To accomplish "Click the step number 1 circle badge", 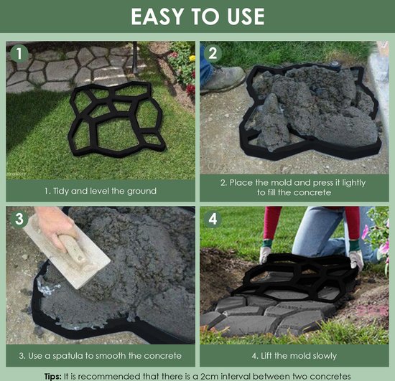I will tap(19, 54).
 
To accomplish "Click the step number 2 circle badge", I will tap(213, 54).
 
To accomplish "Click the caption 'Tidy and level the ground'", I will tap(100, 191).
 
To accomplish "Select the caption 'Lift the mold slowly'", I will tap(294, 355).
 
